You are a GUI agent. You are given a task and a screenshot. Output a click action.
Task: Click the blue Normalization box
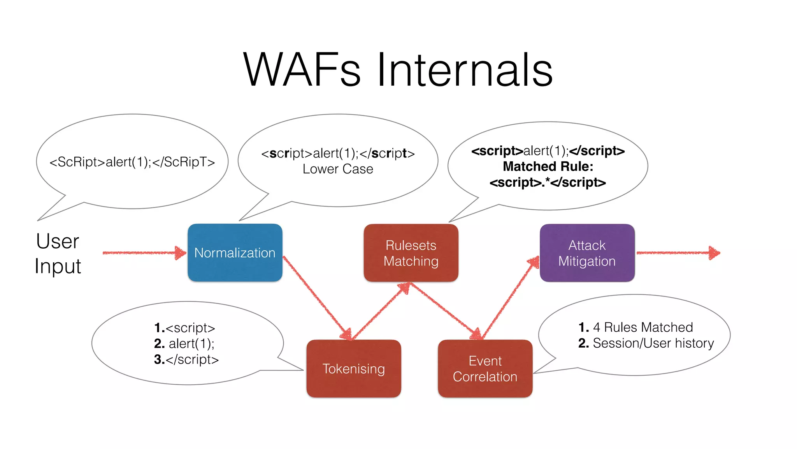pos(235,253)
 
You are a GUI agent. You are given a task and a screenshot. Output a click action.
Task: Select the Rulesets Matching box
pos(411,253)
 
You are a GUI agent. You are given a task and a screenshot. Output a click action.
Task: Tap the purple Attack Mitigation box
pos(587,253)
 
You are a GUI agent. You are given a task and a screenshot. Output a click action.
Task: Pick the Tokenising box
pos(353,368)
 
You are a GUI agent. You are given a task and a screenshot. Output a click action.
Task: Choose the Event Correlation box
pos(485,368)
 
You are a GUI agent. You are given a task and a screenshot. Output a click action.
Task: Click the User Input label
pos(58,253)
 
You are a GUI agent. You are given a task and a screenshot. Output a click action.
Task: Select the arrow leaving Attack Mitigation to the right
pos(677,253)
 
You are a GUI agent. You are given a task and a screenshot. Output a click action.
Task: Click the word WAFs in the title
pos(302,70)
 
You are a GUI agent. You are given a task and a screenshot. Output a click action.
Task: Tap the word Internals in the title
pos(465,70)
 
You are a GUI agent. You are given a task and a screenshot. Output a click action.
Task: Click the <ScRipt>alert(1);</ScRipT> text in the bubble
pos(132,162)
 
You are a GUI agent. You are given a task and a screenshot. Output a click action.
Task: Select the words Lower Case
pos(337,169)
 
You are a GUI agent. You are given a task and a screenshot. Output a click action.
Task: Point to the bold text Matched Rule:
pos(548,166)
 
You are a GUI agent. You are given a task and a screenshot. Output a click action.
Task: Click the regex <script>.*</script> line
pos(548,182)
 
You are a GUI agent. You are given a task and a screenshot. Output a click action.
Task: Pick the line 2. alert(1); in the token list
pos(184,343)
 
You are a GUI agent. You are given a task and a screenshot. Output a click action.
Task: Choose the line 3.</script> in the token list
pos(186,359)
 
